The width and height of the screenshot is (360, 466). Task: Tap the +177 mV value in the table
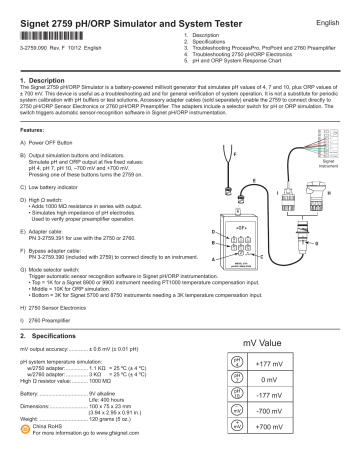pos(307,364)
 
